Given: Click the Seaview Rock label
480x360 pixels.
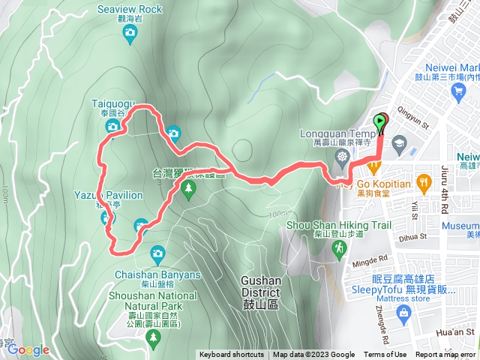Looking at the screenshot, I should (130, 10).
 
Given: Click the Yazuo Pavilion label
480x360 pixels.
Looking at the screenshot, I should (109, 195).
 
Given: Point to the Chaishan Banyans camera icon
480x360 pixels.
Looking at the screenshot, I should (157, 253).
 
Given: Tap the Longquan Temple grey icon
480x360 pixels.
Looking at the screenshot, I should (343, 157).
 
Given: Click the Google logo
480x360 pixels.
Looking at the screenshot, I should (27, 349).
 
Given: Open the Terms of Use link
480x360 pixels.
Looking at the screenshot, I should (385, 355).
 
